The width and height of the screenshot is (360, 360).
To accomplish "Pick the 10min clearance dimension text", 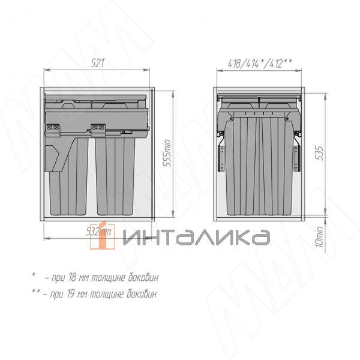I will (319, 237).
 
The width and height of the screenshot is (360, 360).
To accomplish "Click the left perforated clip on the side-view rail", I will (53, 127).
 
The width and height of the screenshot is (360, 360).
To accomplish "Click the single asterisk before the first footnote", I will (34, 275).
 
